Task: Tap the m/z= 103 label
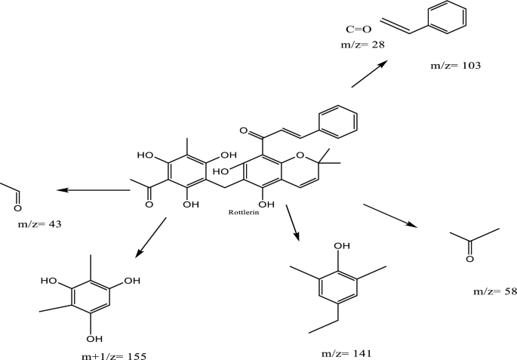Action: tap(456, 66)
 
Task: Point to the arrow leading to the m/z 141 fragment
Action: tap(292, 223)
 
